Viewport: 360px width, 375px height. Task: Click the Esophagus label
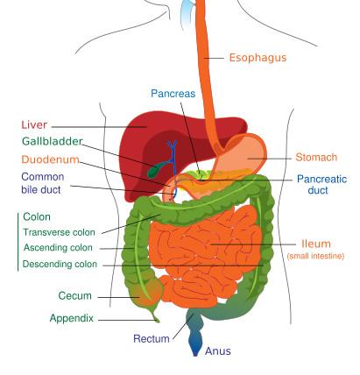pyautogui.click(x=258, y=58)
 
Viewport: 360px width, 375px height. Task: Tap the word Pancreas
pyautogui.click(x=173, y=94)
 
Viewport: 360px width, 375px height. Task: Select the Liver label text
pyautogui.click(x=34, y=124)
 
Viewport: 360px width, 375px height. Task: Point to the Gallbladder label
pyautogui.click(x=53, y=141)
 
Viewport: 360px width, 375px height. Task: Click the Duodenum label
pyautogui.click(x=50, y=159)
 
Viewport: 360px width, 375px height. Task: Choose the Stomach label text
pyautogui.click(x=316, y=157)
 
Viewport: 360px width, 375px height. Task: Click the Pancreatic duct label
pyautogui.click(x=321, y=185)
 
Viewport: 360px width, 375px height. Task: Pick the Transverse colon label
pyautogui.click(x=59, y=232)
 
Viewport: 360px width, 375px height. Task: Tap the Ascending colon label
pyautogui.click(x=58, y=248)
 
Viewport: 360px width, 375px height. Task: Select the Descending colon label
pyautogui.click(x=60, y=264)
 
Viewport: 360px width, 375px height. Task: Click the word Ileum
pyautogui.click(x=316, y=244)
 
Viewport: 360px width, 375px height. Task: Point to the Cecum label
pyautogui.click(x=74, y=295)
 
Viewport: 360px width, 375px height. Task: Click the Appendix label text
pyautogui.click(x=71, y=318)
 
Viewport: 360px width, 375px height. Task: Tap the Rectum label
pyautogui.click(x=152, y=339)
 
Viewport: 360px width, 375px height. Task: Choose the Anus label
pyautogui.click(x=218, y=351)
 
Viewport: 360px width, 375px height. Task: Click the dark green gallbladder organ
pyautogui.click(x=156, y=171)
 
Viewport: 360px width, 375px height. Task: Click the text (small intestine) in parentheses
pyautogui.click(x=315, y=256)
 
